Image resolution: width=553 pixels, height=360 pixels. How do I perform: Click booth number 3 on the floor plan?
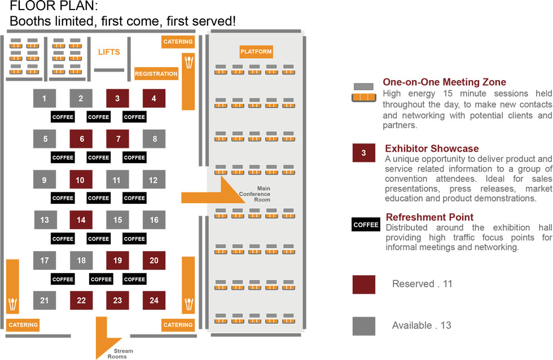coord(117,98)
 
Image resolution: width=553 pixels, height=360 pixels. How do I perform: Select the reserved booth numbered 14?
coord(81,220)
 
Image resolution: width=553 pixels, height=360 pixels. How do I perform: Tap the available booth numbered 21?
coord(45,300)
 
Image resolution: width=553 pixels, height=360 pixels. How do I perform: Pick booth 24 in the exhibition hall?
coord(153,300)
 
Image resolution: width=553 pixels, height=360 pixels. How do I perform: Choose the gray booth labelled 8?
coord(154,139)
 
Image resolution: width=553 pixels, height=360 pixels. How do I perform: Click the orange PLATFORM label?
coord(256,51)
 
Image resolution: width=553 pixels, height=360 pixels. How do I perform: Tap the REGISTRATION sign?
coord(156,74)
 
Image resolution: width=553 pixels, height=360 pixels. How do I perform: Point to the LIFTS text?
coord(109,52)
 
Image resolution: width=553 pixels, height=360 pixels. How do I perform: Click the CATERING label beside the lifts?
coord(178,42)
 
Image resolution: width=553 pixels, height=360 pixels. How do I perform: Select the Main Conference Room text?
coord(255,194)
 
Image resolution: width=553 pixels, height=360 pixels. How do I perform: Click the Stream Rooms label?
coord(120,354)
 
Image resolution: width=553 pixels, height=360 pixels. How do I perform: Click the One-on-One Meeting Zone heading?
coord(445,82)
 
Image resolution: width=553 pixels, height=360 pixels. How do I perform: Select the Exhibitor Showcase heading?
coord(432,148)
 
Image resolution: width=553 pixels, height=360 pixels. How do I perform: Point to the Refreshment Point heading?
coord(429,217)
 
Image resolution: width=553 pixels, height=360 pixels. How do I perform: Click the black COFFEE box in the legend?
coord(366,225)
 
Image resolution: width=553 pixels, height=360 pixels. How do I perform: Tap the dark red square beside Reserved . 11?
coord(363,284)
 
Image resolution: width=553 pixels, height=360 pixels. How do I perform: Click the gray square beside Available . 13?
coord(363,326)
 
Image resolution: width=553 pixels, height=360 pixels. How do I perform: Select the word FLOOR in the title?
coord(29,6)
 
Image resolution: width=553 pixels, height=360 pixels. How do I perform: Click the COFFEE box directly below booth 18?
coord(101,279)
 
